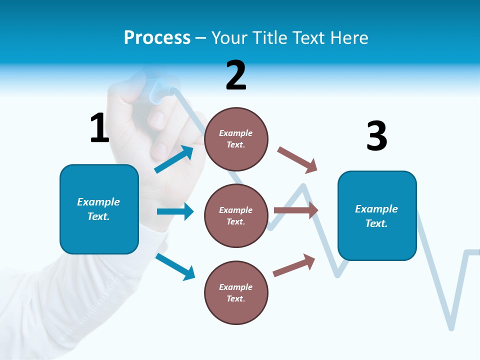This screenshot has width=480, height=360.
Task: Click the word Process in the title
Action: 157,38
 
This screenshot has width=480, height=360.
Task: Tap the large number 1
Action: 99,128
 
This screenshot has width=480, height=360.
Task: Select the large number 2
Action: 236,75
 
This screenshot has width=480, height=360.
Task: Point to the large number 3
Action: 376,136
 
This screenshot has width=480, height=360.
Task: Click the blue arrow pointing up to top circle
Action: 174,159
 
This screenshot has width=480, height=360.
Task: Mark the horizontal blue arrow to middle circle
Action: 175,211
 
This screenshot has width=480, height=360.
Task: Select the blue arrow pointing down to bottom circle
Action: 175,266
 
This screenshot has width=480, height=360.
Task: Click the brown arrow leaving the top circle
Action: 297,159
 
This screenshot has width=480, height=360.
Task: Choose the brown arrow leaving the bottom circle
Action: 294,265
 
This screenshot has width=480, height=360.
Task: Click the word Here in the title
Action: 350,38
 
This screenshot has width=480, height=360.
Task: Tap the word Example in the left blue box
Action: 98,202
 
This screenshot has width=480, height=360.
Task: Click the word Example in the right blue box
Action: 376,209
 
